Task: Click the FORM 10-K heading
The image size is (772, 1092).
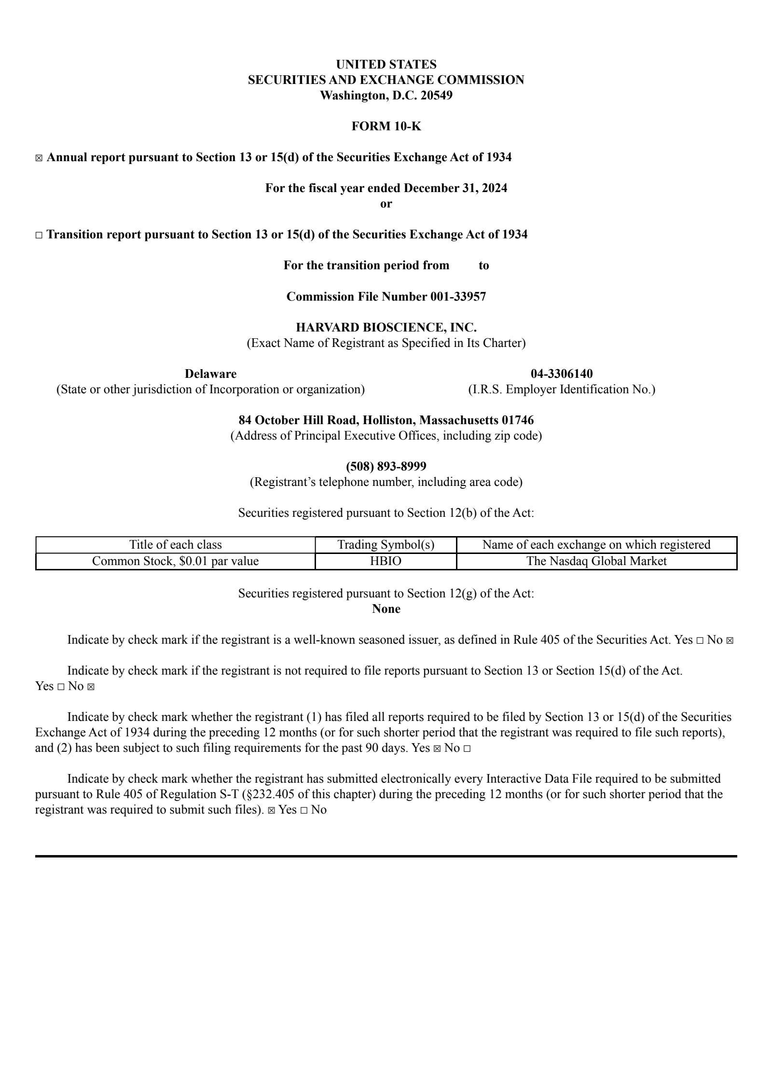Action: [x=386, y=126]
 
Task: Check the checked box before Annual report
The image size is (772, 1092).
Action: [x=39, y=158]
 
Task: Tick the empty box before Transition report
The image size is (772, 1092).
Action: [x=39, y=235]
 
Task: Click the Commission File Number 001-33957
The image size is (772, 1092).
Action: [x=386, y=296]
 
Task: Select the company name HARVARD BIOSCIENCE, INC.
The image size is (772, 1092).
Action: [x=386, y=328]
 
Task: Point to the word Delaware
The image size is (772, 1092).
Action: [x=210, y=374]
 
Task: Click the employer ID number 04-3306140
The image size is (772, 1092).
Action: [x=562, y=374]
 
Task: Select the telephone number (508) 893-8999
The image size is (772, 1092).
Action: [x=386, y=467]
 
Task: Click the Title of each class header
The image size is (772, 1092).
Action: [x=175, y=545]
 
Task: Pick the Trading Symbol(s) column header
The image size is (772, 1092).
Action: [x=386, y=545]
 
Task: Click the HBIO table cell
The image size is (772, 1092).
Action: [x=386, y=561]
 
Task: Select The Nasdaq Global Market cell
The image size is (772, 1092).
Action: [x=596, y=561]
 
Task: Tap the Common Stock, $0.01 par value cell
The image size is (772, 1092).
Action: [x=175, y=561]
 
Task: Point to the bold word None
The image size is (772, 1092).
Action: [x=386, y=609]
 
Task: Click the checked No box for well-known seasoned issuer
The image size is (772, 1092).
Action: [x=730, y=641]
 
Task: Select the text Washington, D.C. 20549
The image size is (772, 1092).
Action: [x=386, y=96]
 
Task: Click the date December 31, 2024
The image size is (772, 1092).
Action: [x=455, y=188]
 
